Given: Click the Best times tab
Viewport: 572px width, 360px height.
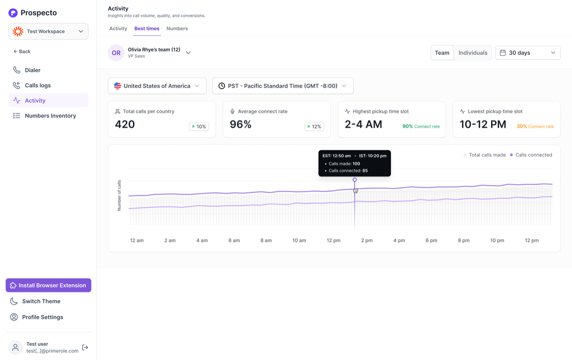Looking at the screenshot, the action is [x=147, y=28].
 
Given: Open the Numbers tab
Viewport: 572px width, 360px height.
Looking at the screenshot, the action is [x=177, y=28].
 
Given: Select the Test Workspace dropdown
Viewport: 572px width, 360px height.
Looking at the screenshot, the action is [x=49, y=31].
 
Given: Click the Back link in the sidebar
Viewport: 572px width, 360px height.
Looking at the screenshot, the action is [x=22, y=51].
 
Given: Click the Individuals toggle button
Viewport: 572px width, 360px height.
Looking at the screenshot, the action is [x=473, y=53].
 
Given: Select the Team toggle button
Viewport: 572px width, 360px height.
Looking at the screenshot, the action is [x=442, y=53].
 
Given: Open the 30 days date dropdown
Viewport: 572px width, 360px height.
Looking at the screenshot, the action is [x=528, y=53].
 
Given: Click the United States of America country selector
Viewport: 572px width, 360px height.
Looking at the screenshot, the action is [x=157, y=86].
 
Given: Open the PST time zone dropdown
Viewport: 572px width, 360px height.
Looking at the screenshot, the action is [x=283, y=86].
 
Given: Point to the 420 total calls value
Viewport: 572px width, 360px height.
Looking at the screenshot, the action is [x=124, y=124].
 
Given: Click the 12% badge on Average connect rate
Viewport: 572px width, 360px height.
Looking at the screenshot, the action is [x=314, y=126].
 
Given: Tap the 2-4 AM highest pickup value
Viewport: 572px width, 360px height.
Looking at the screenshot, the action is [x=363, y=124].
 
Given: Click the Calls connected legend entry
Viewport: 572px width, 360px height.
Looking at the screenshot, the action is [x=531, y=155].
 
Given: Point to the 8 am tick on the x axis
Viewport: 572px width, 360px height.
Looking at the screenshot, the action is [x=266, y=240].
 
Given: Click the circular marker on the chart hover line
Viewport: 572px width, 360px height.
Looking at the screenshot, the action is [x=355, y=180].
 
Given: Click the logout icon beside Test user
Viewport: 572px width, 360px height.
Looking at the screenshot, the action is [x=85, y=347].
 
